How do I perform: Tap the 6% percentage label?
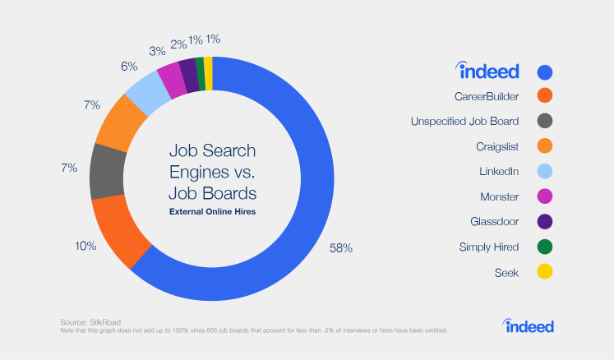tap(129, 67)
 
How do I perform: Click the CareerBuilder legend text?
tap(485, 96)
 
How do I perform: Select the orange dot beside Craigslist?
tap(543, 146)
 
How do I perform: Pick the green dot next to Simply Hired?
tap(543, 247)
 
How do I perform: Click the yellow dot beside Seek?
tap(543, 271)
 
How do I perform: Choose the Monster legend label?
tap(499, 196)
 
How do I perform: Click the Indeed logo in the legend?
tap(488, 71)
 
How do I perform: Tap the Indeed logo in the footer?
tap(529, 326)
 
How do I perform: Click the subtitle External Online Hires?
tap(213, 212)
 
